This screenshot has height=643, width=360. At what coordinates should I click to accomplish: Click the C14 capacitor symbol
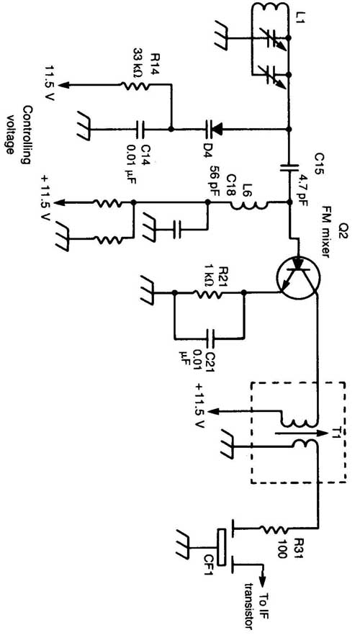click(x=141, y=130)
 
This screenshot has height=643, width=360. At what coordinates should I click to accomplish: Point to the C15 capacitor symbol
click(x=289, y=167)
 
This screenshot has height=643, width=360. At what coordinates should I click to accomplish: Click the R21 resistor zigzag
click(x=208, y=293)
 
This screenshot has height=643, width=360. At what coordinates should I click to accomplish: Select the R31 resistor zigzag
click(x=275, y=530)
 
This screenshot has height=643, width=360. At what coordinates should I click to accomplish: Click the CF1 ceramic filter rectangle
click(x=222, y=547)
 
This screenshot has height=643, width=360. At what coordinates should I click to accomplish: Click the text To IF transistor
click(x=256, y=604)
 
